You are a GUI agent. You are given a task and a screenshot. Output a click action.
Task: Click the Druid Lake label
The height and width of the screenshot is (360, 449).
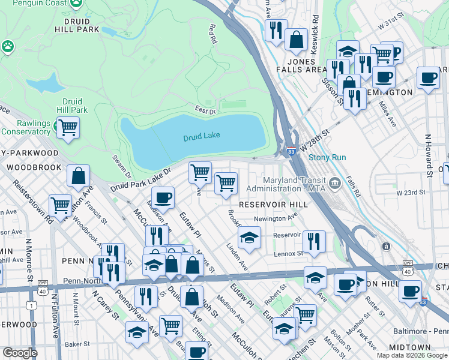coord(202,136)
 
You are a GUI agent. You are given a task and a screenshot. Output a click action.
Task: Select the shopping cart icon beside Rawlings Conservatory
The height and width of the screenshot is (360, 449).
coord(68,127)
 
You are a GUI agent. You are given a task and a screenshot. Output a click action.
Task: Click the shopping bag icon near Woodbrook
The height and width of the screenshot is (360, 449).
coord(78,177)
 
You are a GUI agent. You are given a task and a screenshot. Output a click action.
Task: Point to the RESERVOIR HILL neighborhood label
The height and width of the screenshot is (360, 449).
coord(273,205)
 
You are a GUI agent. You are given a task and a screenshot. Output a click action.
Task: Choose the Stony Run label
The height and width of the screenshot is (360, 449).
coord(327,158)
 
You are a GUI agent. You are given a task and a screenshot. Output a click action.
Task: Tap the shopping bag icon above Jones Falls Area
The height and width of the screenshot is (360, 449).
coord(296,41)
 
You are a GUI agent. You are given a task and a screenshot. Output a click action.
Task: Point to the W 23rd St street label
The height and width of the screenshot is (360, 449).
coord(411,193)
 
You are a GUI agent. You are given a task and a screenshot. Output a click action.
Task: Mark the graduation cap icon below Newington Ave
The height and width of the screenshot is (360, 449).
coord(249,238)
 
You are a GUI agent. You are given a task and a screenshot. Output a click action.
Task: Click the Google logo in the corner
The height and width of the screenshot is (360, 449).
coord(20,353)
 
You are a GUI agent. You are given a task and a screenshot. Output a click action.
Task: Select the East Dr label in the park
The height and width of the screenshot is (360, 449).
coord(205,111)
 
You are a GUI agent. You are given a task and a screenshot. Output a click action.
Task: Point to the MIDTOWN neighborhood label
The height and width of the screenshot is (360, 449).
coord(409,347)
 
